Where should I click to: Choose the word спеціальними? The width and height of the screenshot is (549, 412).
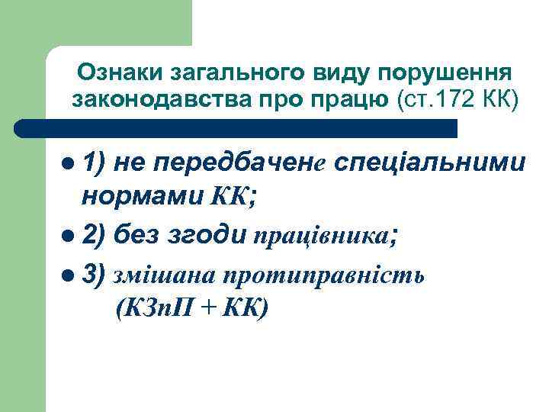pyautogui.click(x=429, y=163)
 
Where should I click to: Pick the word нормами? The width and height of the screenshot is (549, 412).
pyautogui.click(x=142, y=199)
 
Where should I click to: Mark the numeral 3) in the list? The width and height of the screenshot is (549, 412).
pyautogui.click(x=95, y=274)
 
